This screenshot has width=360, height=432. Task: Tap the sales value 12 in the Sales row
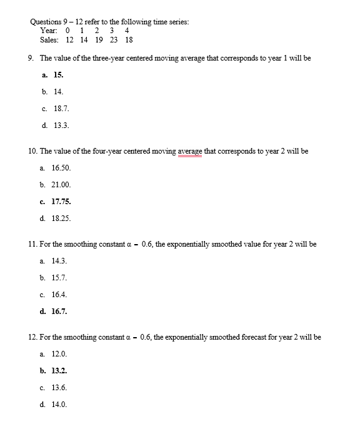click(x=69, y=39)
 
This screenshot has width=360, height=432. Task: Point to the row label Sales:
click(x=49, y=39)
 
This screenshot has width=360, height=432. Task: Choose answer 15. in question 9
click(x=57, y=74)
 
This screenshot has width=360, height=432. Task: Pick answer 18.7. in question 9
click(x=61, y=108)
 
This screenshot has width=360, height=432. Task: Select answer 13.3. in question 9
click(x=61, y=125)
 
